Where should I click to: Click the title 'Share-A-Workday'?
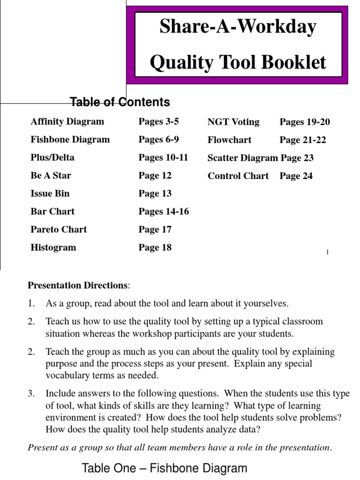coord(238,27)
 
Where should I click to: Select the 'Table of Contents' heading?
coord(120,102)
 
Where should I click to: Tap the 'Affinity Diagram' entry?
coord(67,122)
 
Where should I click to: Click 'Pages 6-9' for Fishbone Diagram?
coord(158,140)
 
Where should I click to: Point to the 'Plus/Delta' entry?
coord(52,157)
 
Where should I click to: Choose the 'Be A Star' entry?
coord(51,176)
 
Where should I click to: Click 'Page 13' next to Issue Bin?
coord(155,194)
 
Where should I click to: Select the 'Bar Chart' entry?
coord(52,211)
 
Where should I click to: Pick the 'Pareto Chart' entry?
coord(59,230)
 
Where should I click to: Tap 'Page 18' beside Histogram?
coord(155,247)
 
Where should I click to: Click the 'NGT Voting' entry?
coord(233,122)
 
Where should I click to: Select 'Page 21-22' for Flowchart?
coord(303,140)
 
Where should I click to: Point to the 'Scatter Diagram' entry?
coord(242,158)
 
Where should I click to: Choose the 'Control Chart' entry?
coord(238,176)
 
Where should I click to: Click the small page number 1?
coord(327,253)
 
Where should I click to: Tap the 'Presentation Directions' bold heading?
coord(77,285)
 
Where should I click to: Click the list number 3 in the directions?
coord(31,394)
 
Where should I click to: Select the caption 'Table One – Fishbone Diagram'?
coord(164,468)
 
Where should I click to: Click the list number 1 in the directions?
coord(31,304)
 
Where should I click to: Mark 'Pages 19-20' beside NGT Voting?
coord(305,122)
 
